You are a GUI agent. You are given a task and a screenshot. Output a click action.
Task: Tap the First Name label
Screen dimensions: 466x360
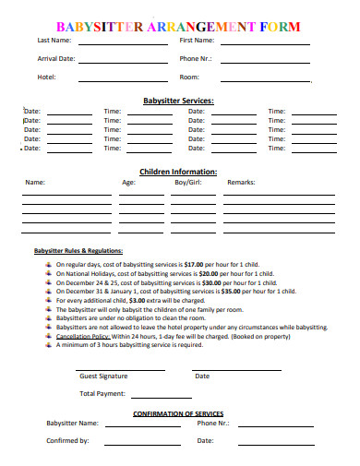click(197, 41)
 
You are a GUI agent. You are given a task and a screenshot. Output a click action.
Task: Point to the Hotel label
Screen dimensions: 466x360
click(46, 77)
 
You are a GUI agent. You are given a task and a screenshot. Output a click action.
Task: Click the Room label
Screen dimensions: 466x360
click(189, 77)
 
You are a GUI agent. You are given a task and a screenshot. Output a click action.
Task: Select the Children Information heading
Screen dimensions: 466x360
click(178, 172)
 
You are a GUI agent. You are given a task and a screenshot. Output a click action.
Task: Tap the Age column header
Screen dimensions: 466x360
click(128, 183)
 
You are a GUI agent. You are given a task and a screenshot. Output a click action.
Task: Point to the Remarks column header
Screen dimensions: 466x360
click(241, 183)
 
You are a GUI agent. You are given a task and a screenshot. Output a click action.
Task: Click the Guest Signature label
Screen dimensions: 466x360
click(103, 376)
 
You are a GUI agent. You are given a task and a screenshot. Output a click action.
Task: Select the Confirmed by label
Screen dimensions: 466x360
click(67, 441)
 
